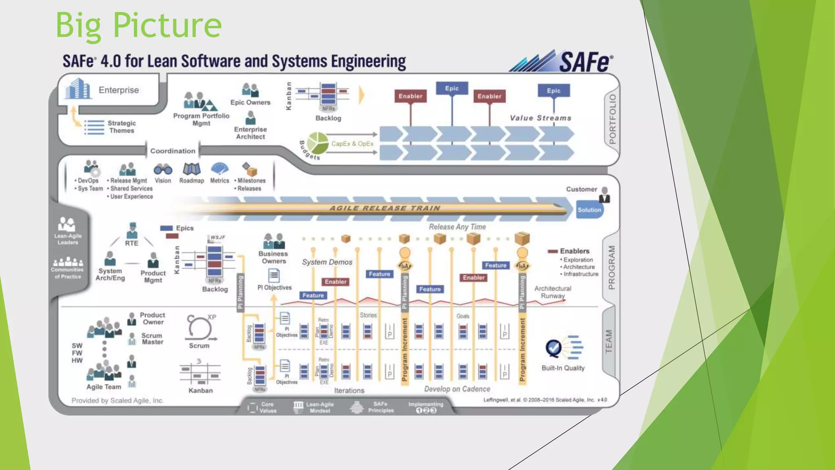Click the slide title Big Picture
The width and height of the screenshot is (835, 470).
pyautogui.click(x=139, y=25)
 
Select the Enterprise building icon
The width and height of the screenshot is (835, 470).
pyautogui.click(x=77, y=89)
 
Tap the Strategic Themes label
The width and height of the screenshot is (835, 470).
pyautogui.click(x=121, y=127)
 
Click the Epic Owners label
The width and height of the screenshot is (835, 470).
pyautogui.click(x=250, y=102)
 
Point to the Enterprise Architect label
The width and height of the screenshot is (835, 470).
pyautogui.click(x=250, y=133)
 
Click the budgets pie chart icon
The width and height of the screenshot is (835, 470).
pyautogui.click(x=318, y=143)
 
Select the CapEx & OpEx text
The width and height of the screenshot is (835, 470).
pyautogui.click(x=352, y=144)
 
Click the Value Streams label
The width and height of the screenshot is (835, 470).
pyautogui.click(x=540, y=118)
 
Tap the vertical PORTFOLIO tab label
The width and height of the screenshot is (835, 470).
pyautogui.click(x=612, y=119)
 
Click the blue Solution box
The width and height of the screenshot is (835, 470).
pyautogui.click(x=589, y=210)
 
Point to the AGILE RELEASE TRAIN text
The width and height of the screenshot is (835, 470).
pyautogui.click(x=384, y=208)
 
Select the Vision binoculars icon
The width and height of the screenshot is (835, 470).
pyautogui.click(x=163, y=169)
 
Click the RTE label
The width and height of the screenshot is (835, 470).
pyautogui.click(x=131, y=243)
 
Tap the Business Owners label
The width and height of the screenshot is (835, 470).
pyautogui.click(x=273, y=257)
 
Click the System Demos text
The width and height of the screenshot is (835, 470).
pyautogui.click(x=327, y=262)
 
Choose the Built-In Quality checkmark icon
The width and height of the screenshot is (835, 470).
pyautogui.click(x=554, y=348)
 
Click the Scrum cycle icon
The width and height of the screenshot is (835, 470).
pyautogui.click(x=199, y=328)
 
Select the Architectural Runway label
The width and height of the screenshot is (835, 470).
pyautogui.click(x=552, y=292)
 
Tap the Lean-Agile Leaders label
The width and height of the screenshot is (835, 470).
pyautogui.click(x=68, y=239)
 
